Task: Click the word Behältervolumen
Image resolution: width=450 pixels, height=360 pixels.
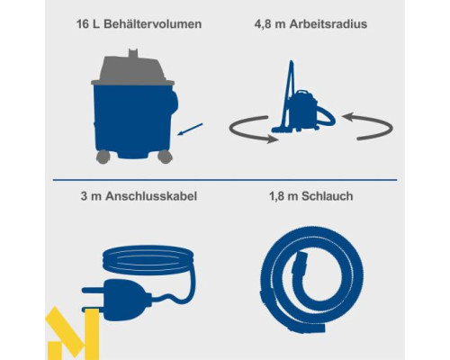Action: tap(153, 24)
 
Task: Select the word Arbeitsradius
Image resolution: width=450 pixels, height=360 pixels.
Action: tap(328, 24)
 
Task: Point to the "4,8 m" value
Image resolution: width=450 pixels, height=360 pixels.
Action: tap(270, 24)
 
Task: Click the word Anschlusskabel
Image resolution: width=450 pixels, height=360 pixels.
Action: tap(151, 196)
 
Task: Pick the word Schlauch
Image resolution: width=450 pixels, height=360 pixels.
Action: tap(327, 196)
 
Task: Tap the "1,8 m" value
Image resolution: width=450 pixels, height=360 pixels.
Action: tap(283, 196)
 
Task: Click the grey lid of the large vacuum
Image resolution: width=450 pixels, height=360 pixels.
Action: tap(132, 70)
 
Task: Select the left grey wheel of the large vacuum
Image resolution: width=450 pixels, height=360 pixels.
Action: tap(103, 157)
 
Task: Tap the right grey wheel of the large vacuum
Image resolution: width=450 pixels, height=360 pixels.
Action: tap(165, 157)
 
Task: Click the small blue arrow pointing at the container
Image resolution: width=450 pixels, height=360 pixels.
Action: tap(190, 130)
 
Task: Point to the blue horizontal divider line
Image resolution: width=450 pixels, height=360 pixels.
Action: tap(225, 180)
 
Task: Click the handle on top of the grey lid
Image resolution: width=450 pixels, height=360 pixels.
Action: tap(133, 53)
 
